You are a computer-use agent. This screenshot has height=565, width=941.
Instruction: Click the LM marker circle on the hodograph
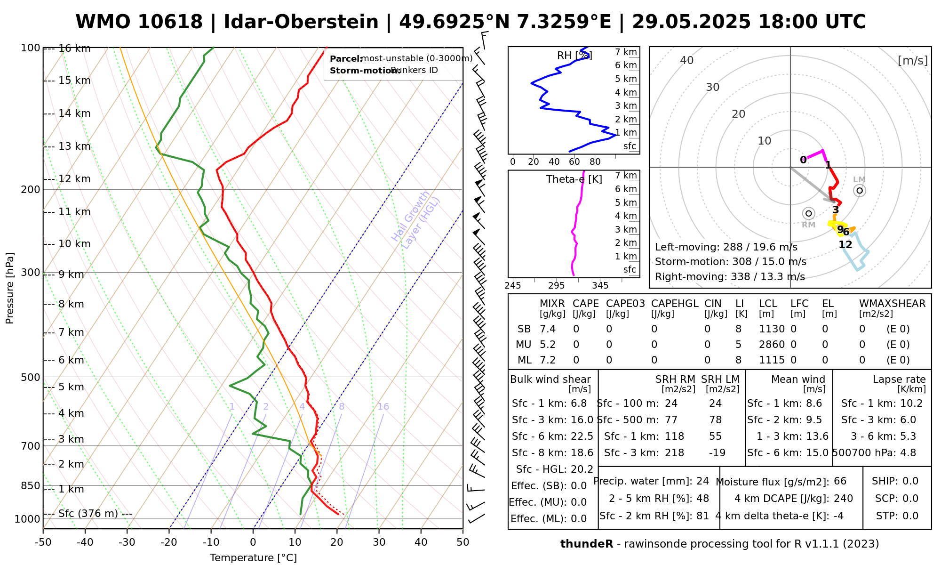[860, 190]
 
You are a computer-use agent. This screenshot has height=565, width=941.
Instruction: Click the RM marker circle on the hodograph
[808, 213]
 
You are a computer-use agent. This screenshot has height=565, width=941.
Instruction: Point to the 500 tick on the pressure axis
[31, 377]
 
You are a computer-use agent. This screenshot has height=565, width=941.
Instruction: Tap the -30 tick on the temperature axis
[127, 542]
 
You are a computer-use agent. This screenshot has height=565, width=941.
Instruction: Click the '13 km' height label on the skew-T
[74, 146]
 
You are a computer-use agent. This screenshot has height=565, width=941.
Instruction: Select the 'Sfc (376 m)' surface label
[88, 513]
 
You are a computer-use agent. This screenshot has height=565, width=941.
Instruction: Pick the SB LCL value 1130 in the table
[772, 329]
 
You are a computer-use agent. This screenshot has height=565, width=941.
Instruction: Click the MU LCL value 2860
[772, 345]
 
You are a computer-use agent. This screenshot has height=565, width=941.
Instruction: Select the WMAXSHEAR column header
[892, 304]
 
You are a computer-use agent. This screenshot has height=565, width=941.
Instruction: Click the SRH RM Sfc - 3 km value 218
[674, 453]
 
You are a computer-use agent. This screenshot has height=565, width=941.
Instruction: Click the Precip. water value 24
[702, 481]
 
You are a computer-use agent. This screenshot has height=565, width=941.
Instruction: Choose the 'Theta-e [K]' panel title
[574, 179]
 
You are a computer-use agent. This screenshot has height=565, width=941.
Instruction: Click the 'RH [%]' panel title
[574, 56]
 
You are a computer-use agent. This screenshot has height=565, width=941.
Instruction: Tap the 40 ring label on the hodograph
[687, 60]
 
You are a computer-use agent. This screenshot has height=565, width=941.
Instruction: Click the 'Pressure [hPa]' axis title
[10, 288]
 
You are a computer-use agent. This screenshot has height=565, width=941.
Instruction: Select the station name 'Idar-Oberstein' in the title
[301, 22]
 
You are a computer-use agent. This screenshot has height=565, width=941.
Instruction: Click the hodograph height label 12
[845, 244]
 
